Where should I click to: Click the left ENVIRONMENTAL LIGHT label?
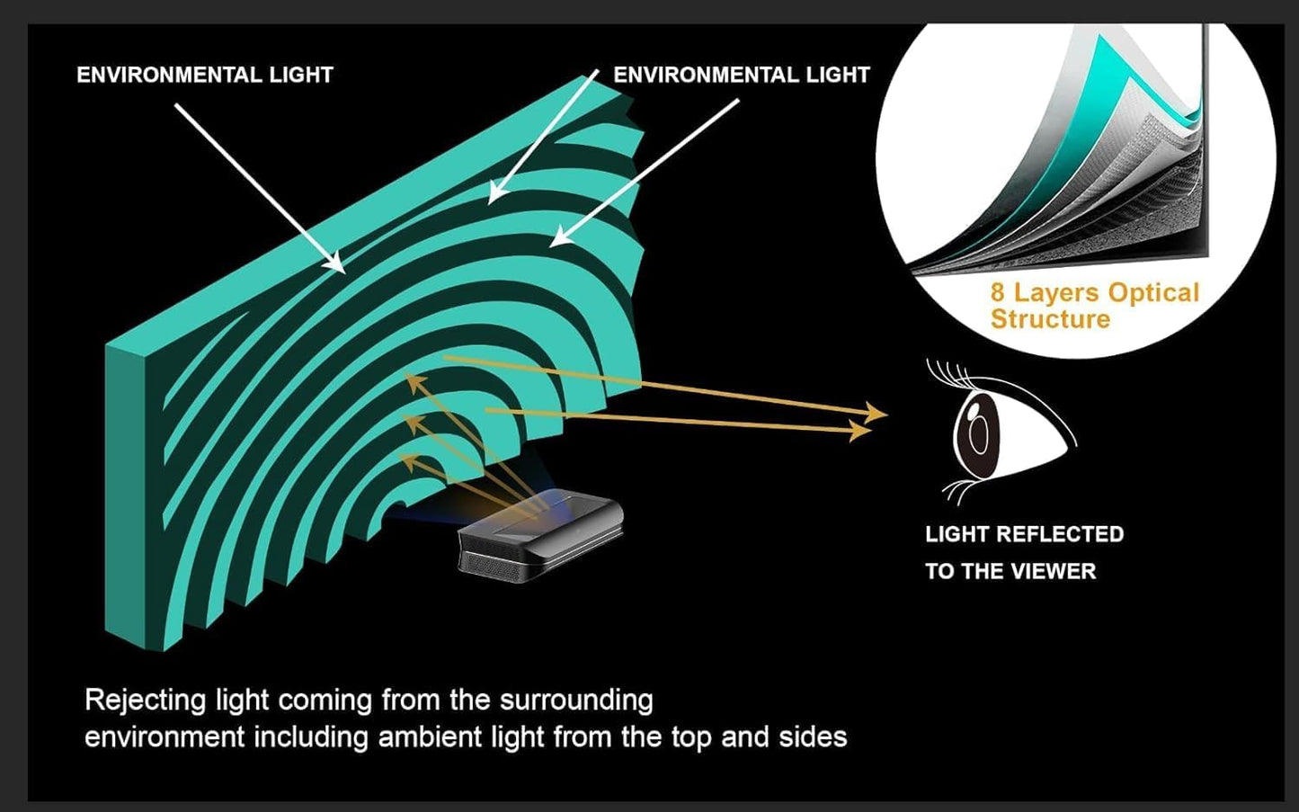click(x=205, y=75)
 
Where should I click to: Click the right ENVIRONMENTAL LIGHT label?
click(x=742, y=75)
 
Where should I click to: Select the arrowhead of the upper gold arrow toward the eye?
click(x=876, y=413)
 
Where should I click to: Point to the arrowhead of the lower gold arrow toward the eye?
click(x=860, y=431)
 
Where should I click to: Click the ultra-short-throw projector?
click(x=540, y=539)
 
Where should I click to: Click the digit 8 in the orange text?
click(x=997, y=292)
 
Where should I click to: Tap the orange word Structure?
click(x=1050, y=319)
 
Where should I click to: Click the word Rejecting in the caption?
click(x=145, y=701)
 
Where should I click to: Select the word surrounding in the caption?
click(x=576, y=700)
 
